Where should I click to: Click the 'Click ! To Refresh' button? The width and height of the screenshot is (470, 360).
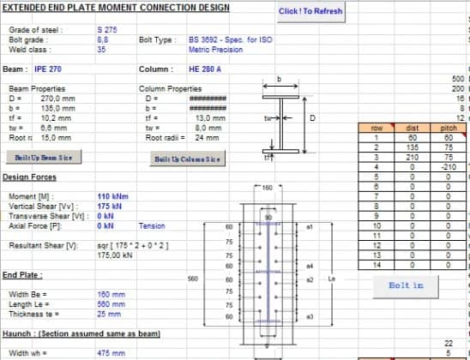[311, 12]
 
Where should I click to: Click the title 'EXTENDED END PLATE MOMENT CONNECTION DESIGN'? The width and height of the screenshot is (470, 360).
[117, 8]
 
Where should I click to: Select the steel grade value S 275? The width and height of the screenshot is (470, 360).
[107, 30]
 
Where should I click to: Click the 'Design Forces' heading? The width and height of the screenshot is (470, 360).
[30, 177]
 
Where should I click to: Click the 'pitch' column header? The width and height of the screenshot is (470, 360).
[448, 128]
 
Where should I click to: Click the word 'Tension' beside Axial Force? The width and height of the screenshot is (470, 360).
[152, 225]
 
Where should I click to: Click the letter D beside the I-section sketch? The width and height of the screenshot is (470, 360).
[312, 118]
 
